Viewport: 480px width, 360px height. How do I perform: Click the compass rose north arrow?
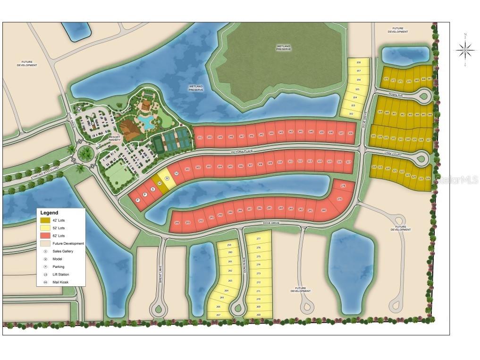pos(465,49)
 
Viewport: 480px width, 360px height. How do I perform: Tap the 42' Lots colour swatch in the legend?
pos(45,220)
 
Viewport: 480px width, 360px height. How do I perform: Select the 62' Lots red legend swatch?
pos(45,235)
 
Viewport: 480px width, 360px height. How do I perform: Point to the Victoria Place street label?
pos(242,152)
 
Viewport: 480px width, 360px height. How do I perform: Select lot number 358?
pos(358,62)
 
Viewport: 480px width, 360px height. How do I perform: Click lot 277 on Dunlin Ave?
pos(258,239)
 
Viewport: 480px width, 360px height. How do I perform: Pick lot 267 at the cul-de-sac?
pos(218,314)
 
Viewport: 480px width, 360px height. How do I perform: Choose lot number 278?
pos(343,186)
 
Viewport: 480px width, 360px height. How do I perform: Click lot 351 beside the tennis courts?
pos(200,137)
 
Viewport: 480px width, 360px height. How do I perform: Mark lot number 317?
pos(348,162)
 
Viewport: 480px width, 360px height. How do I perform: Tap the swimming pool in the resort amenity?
pos(148,123)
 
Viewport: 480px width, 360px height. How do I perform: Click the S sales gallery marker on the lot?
pos(152,189)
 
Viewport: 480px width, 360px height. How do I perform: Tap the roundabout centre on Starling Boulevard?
pos(86,153)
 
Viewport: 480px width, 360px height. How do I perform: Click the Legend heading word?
pos(50,213)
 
